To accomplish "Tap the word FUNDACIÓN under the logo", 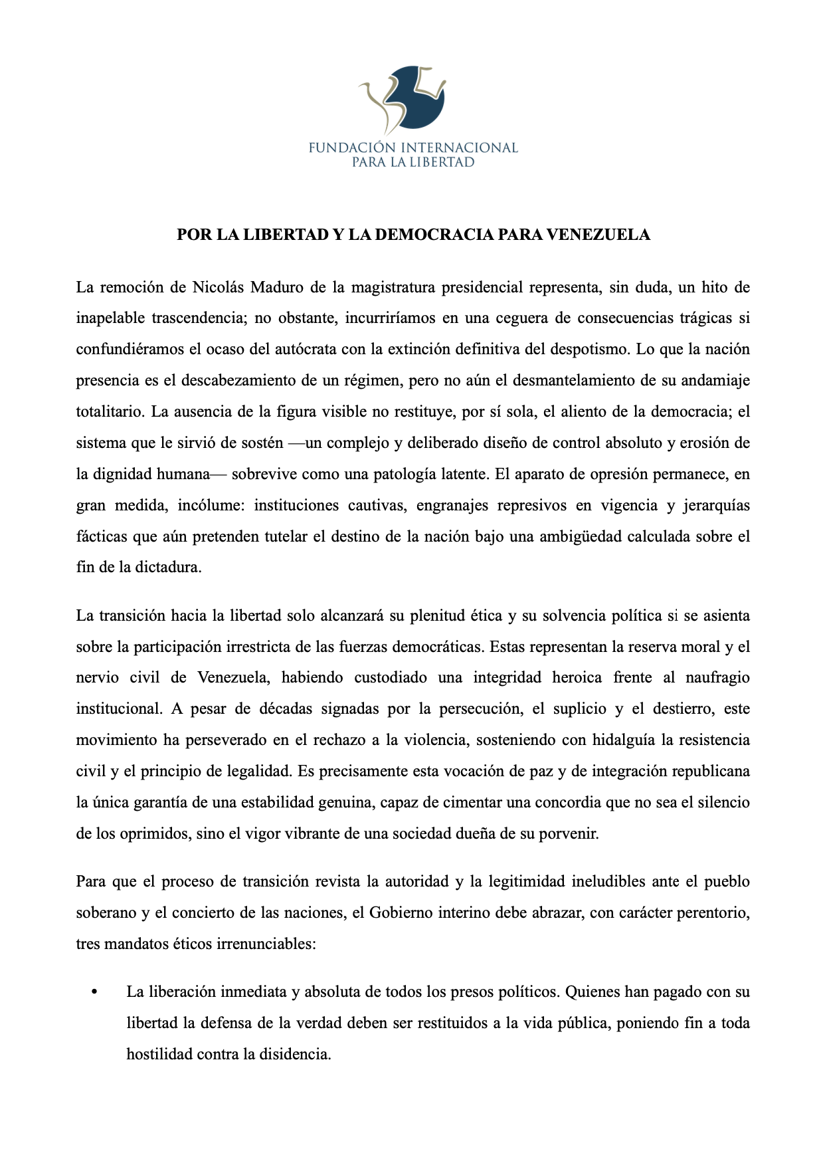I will (352, 148).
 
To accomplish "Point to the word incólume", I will (211, 506).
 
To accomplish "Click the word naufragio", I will (717, 678).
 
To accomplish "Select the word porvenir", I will (568, 834).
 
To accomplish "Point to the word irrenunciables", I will (265, 944).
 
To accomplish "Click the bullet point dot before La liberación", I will (94, 993).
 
